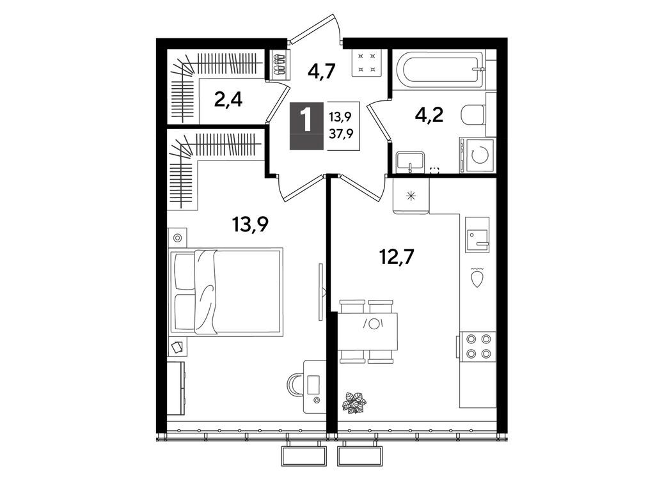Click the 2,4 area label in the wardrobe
point(228,100)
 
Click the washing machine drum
point(478,155)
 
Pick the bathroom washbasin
point(409,159)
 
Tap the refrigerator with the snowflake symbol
point(411,195)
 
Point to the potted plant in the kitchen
point(355,401)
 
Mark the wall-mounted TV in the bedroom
point(320,291)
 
